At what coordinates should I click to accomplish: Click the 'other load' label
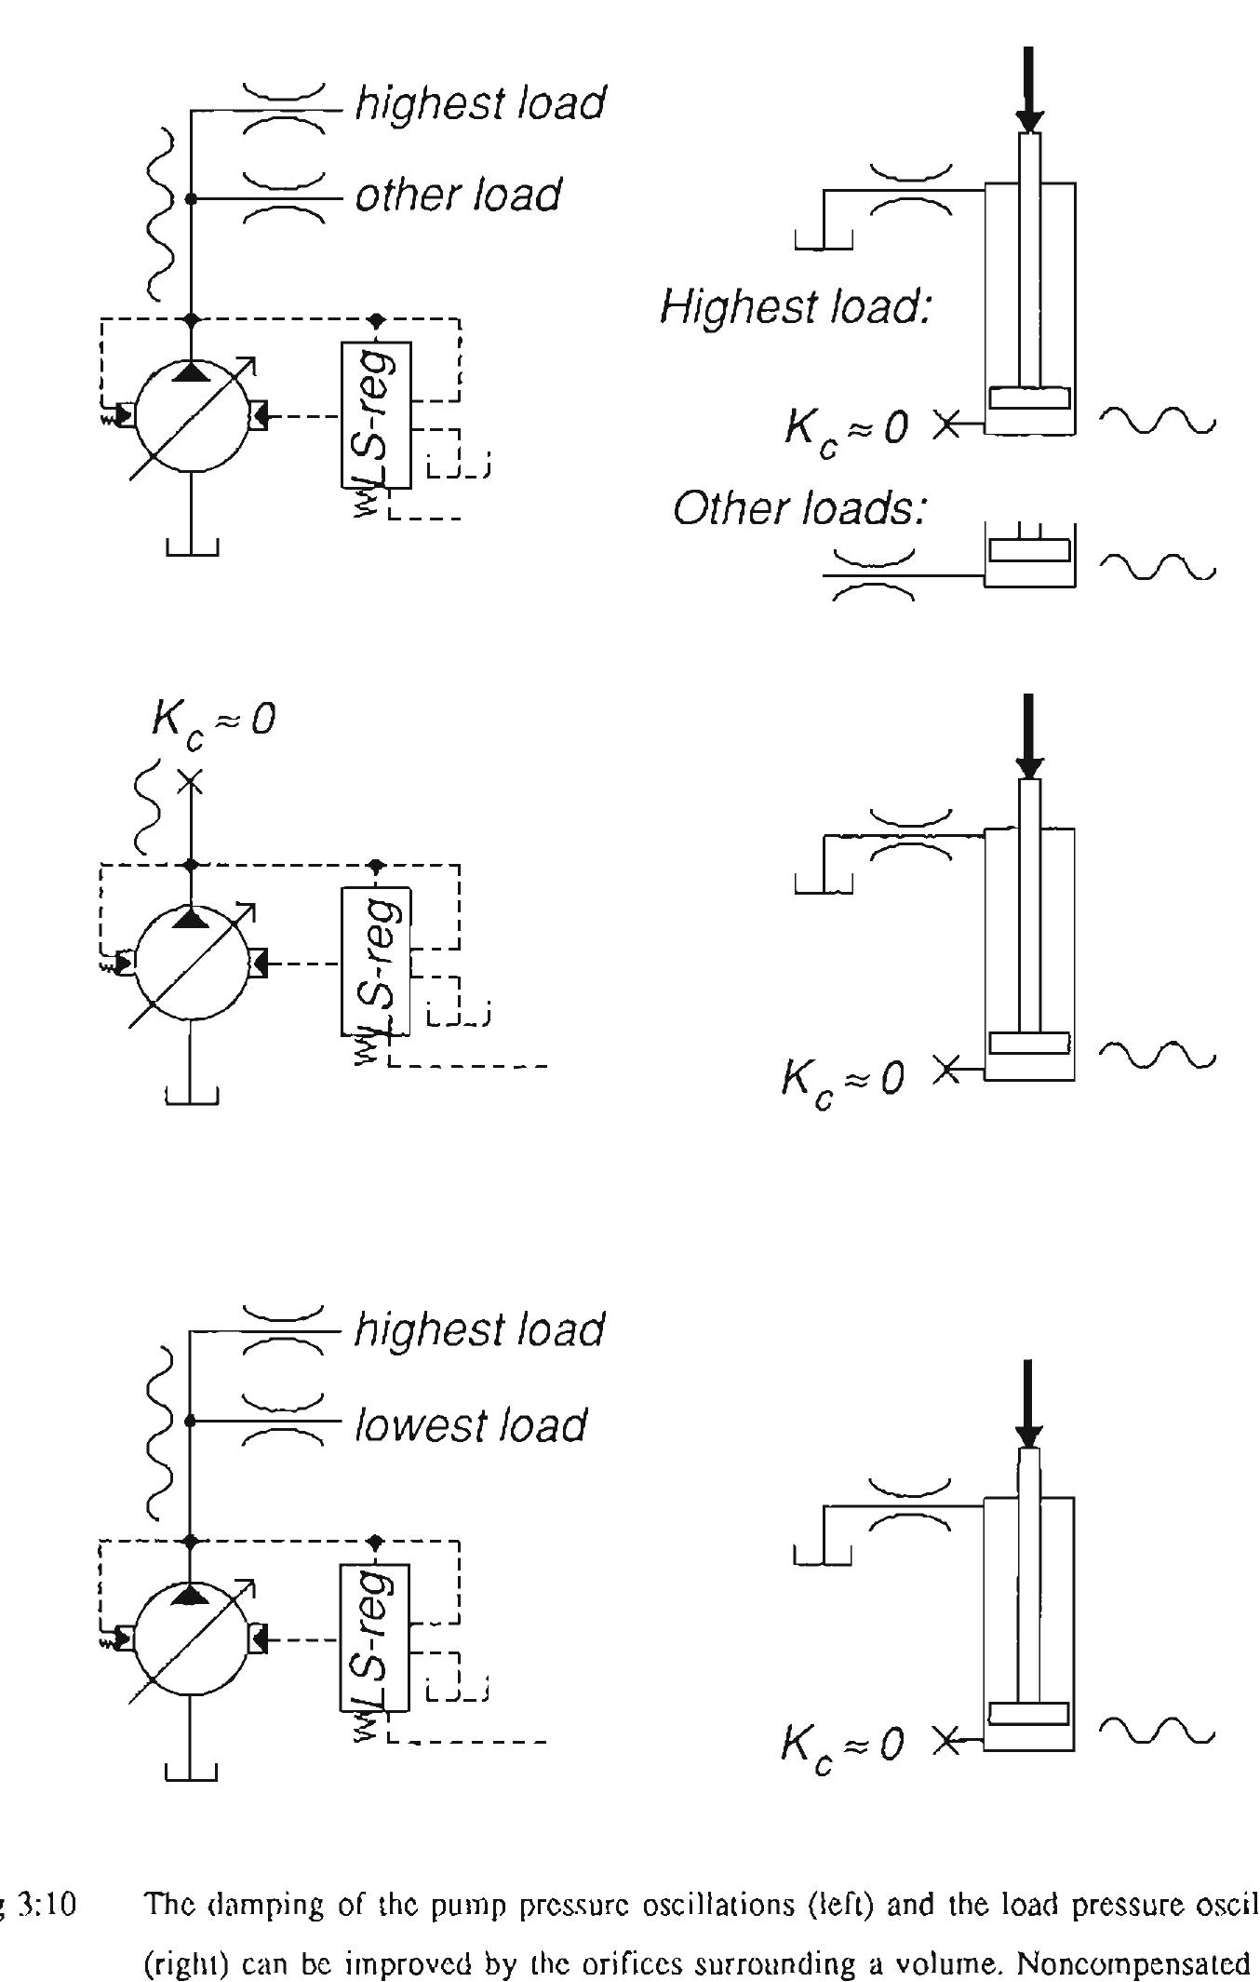(x=458, y=195)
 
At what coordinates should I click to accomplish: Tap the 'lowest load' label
(x=470, y=1425)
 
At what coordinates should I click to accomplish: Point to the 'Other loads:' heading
(x=800, y=508)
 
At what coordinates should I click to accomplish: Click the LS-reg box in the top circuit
(x=375, y=414)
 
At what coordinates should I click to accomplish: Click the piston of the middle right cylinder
(x=1029, y=1043)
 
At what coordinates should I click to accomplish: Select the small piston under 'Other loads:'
(x=1029, y=550)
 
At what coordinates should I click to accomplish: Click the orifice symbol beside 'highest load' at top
(x=284, y=110)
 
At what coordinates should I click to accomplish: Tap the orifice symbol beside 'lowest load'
(x=284, y=1421)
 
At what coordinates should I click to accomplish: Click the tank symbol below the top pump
(x=192, y=547)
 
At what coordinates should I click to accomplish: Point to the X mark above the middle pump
(x=190, y=782)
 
